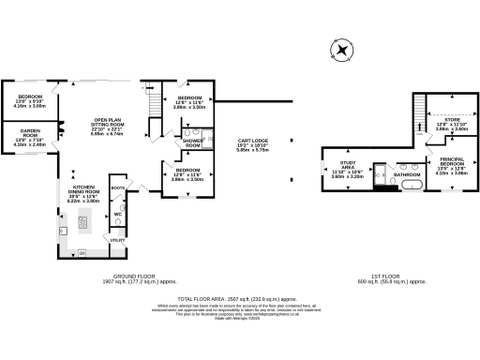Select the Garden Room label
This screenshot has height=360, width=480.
click(30, 138)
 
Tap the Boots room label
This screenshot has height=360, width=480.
click(117, 188)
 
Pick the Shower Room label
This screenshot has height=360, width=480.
click(191, 143)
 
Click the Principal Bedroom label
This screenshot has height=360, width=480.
click(452, 167)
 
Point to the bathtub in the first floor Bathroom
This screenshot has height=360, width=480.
click(411, 186)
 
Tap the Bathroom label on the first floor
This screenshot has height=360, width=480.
click(406, 174)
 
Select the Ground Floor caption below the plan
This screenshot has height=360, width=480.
click(142, 278)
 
